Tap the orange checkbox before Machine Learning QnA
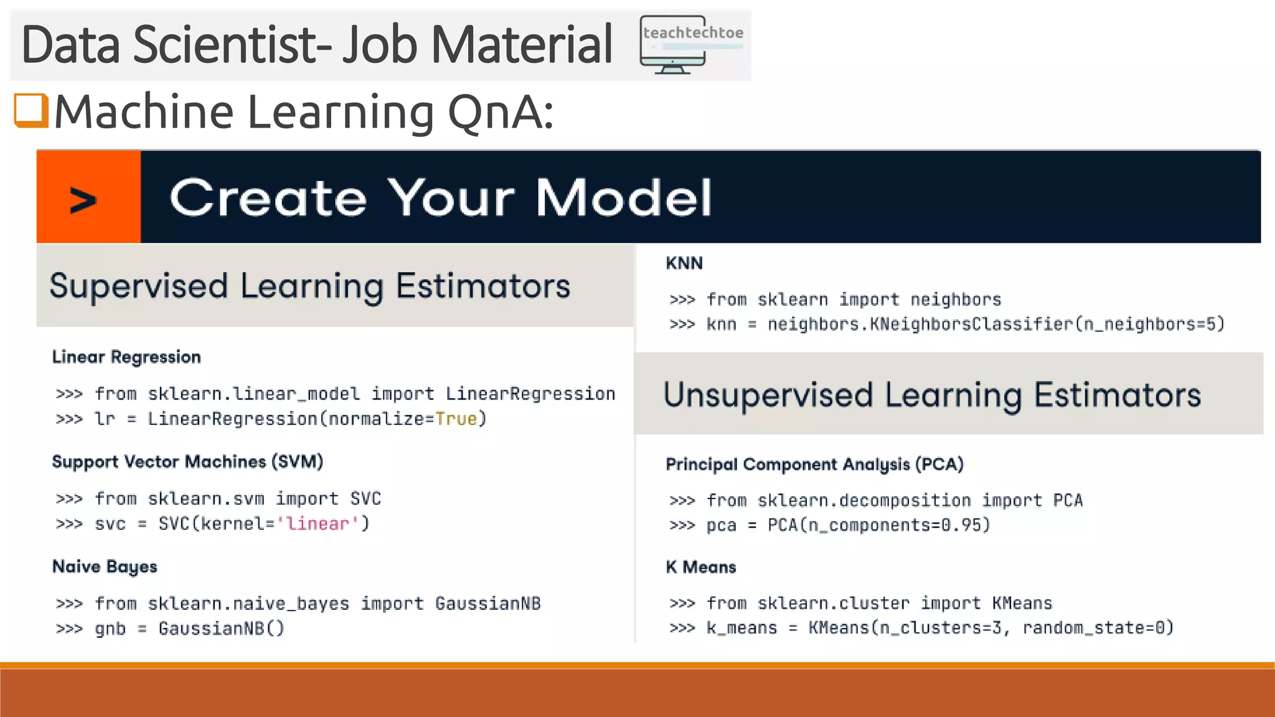(31, 111)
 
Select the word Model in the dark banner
(623, 198)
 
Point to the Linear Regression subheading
(126, 357)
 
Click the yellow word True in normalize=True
(456, 419)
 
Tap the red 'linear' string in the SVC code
(318, 524)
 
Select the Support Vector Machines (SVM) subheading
(187, 462)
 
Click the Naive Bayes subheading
(105, 567)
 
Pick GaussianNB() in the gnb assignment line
(221, 629)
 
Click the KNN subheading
(684, 263)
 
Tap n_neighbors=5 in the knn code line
(1152, 324)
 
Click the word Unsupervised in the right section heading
(768, 395)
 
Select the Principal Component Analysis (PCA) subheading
(814, 464)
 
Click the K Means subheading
(701, 568)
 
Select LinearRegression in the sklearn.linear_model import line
(530, 394)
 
